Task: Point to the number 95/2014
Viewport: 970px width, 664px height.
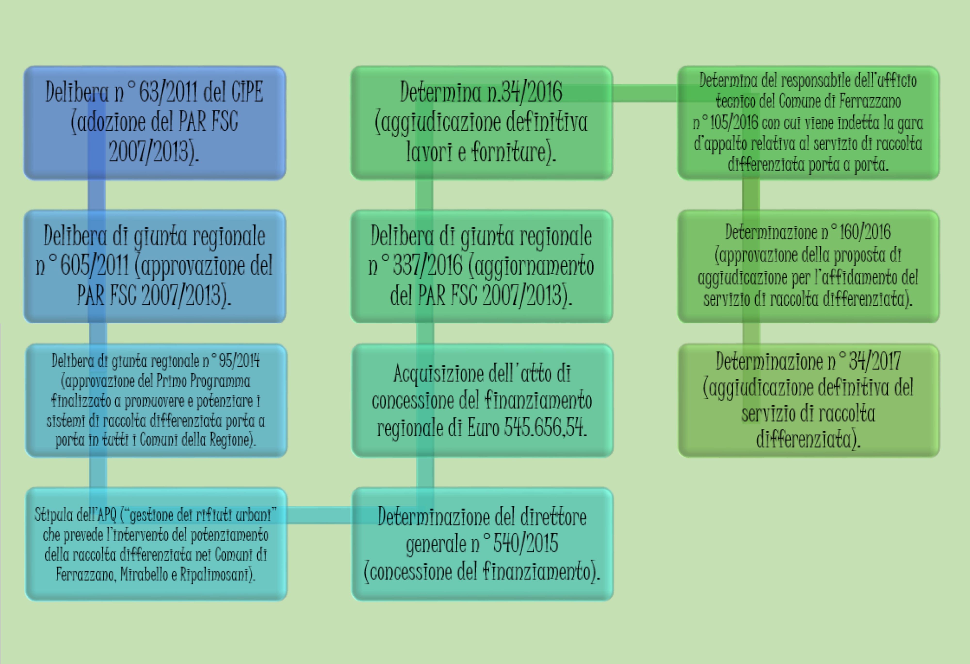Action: coord(239,360)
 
